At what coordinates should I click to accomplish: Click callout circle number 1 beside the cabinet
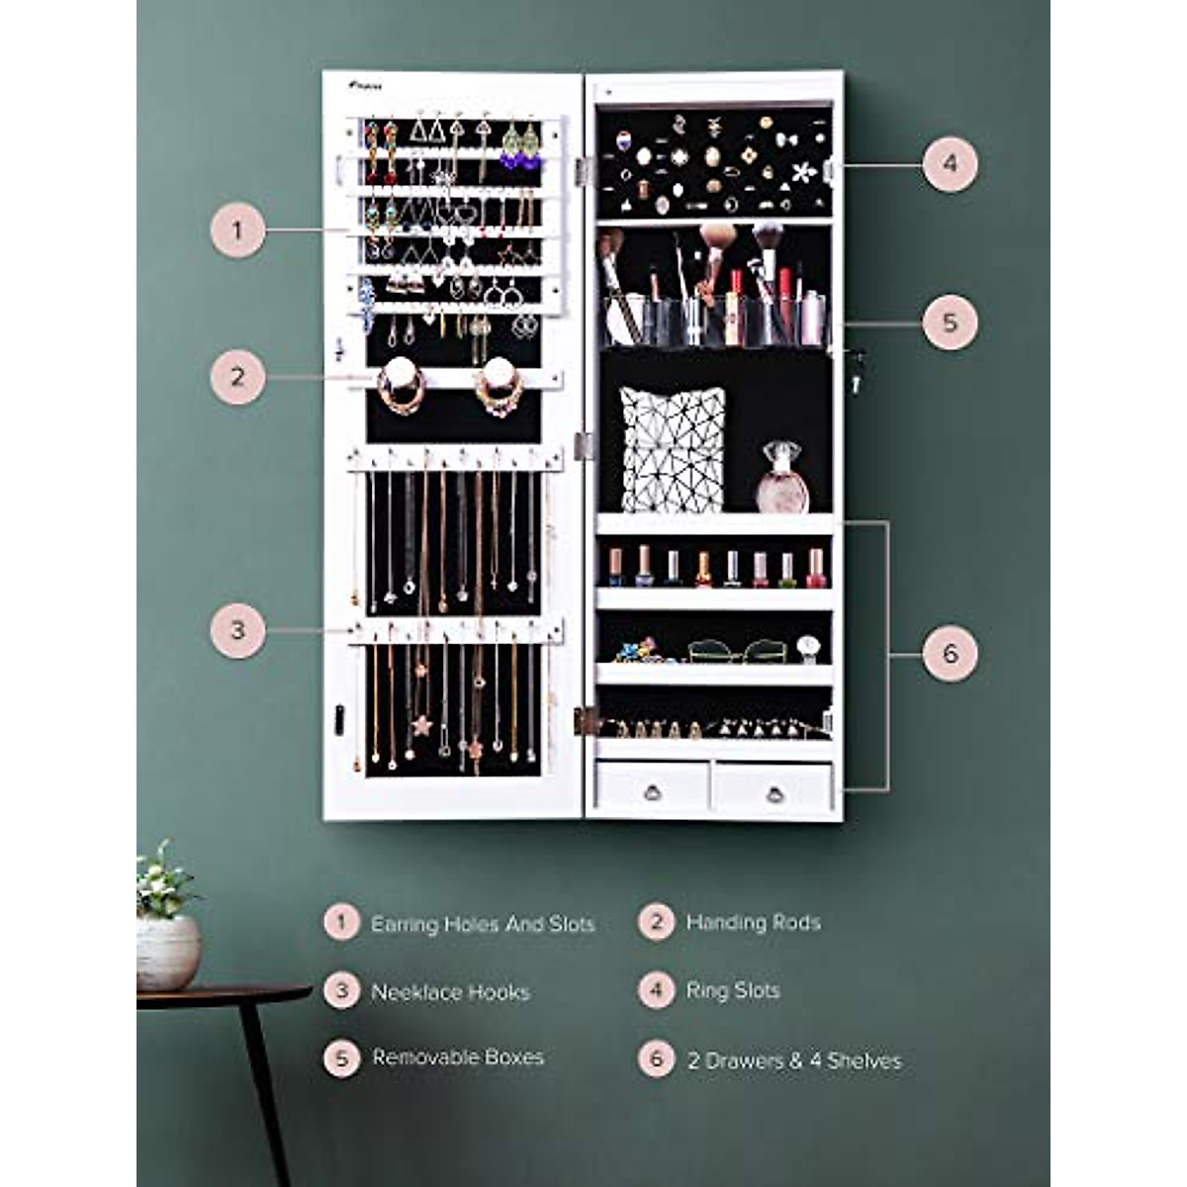[237, 230]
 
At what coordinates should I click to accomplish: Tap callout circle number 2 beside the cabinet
[237, 376]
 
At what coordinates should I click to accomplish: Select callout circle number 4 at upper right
[950, 163]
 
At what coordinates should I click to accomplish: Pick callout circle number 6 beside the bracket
[950, 653]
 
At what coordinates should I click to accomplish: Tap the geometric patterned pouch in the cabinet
[672, 448]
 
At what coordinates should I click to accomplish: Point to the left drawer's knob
[652, 791]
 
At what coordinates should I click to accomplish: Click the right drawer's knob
[775, 792]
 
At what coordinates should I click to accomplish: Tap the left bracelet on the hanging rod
[402, 388]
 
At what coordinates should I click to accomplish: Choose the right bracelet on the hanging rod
[499, 388]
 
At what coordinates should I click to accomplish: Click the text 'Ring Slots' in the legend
[733, 990]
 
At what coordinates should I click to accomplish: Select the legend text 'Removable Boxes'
[458, 1057]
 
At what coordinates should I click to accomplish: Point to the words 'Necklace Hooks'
[450, 992]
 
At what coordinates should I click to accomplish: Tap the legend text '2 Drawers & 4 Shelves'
[794, 1060]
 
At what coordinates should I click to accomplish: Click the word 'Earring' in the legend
[405, 925]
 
